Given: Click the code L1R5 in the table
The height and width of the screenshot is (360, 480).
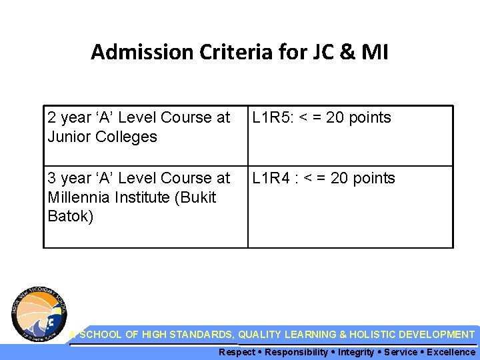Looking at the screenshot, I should click(269, 118).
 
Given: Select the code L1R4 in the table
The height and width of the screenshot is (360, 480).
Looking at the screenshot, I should click(269, 178).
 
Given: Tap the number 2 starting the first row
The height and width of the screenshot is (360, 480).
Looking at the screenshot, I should click(51, 118).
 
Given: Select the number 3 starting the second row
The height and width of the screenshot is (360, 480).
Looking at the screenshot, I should click(51, 178).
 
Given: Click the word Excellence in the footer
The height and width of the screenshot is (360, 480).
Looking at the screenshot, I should click(451, 352).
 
